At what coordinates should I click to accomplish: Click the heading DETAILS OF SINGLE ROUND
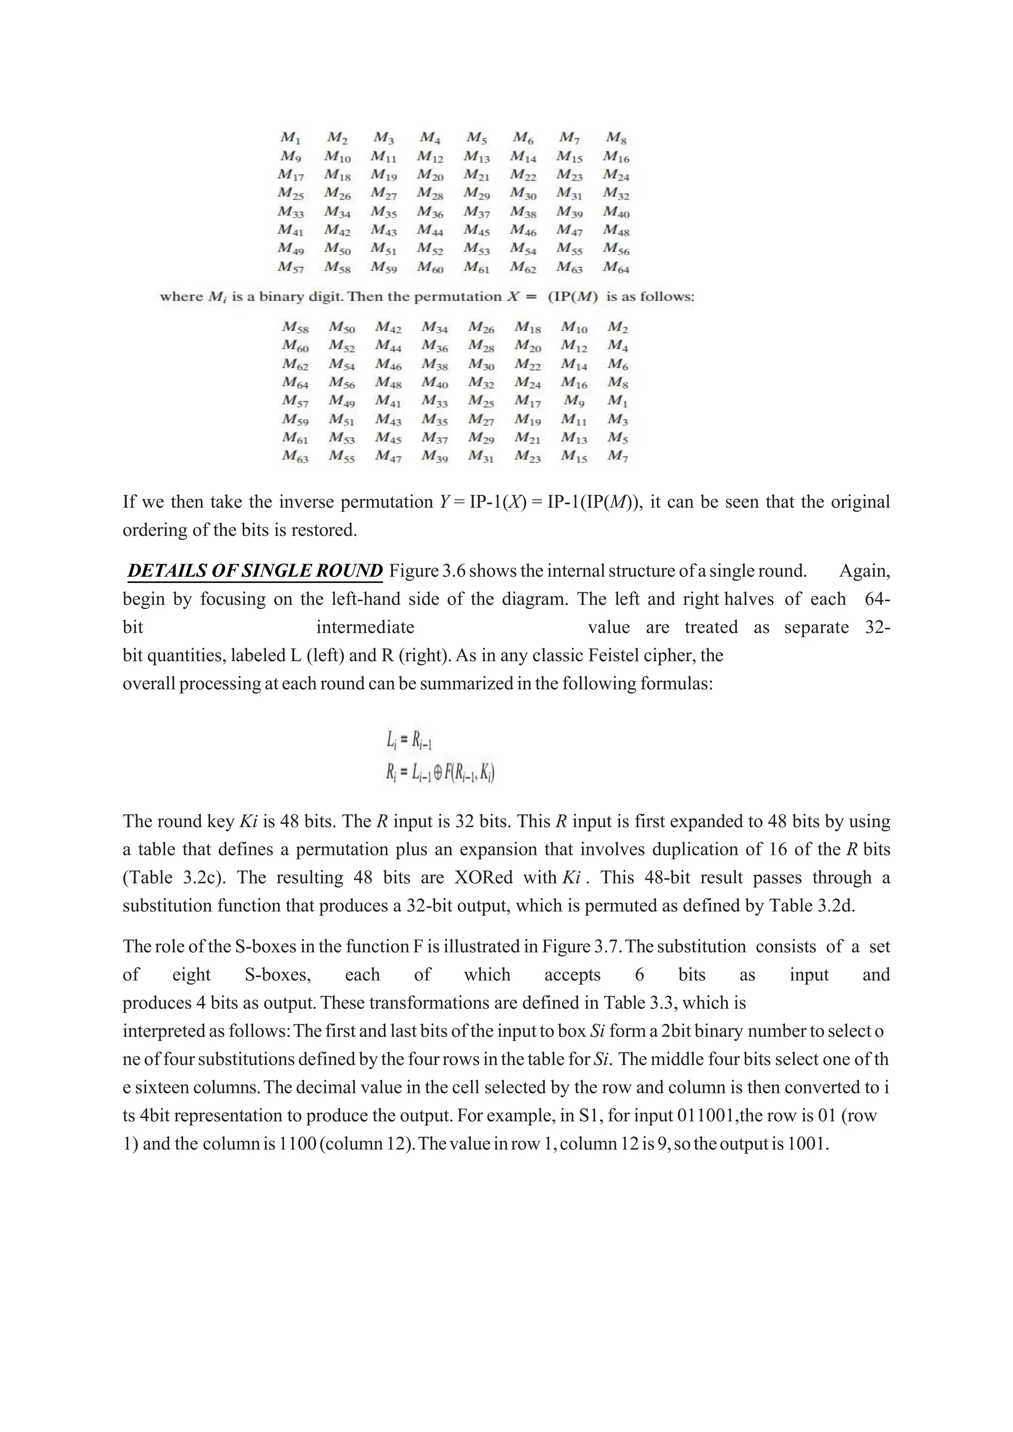255,571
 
